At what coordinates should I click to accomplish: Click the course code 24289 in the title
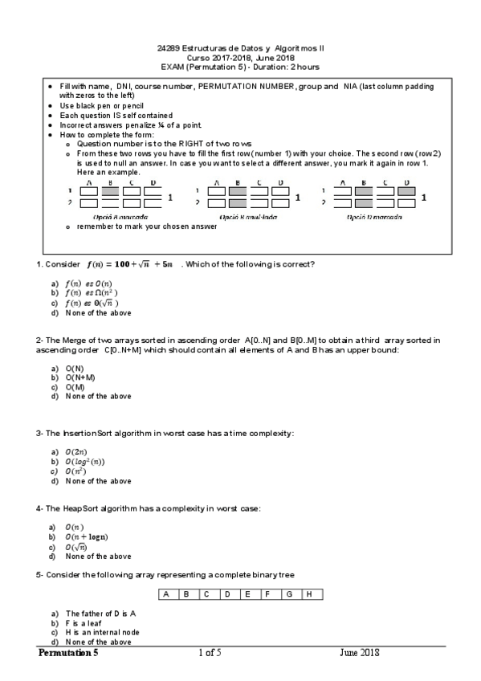[169, 48]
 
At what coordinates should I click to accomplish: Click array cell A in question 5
[165, 594]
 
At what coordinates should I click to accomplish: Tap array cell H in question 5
[309, 594]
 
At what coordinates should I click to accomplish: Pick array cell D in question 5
[227, 594]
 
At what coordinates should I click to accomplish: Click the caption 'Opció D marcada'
[375, 217]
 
